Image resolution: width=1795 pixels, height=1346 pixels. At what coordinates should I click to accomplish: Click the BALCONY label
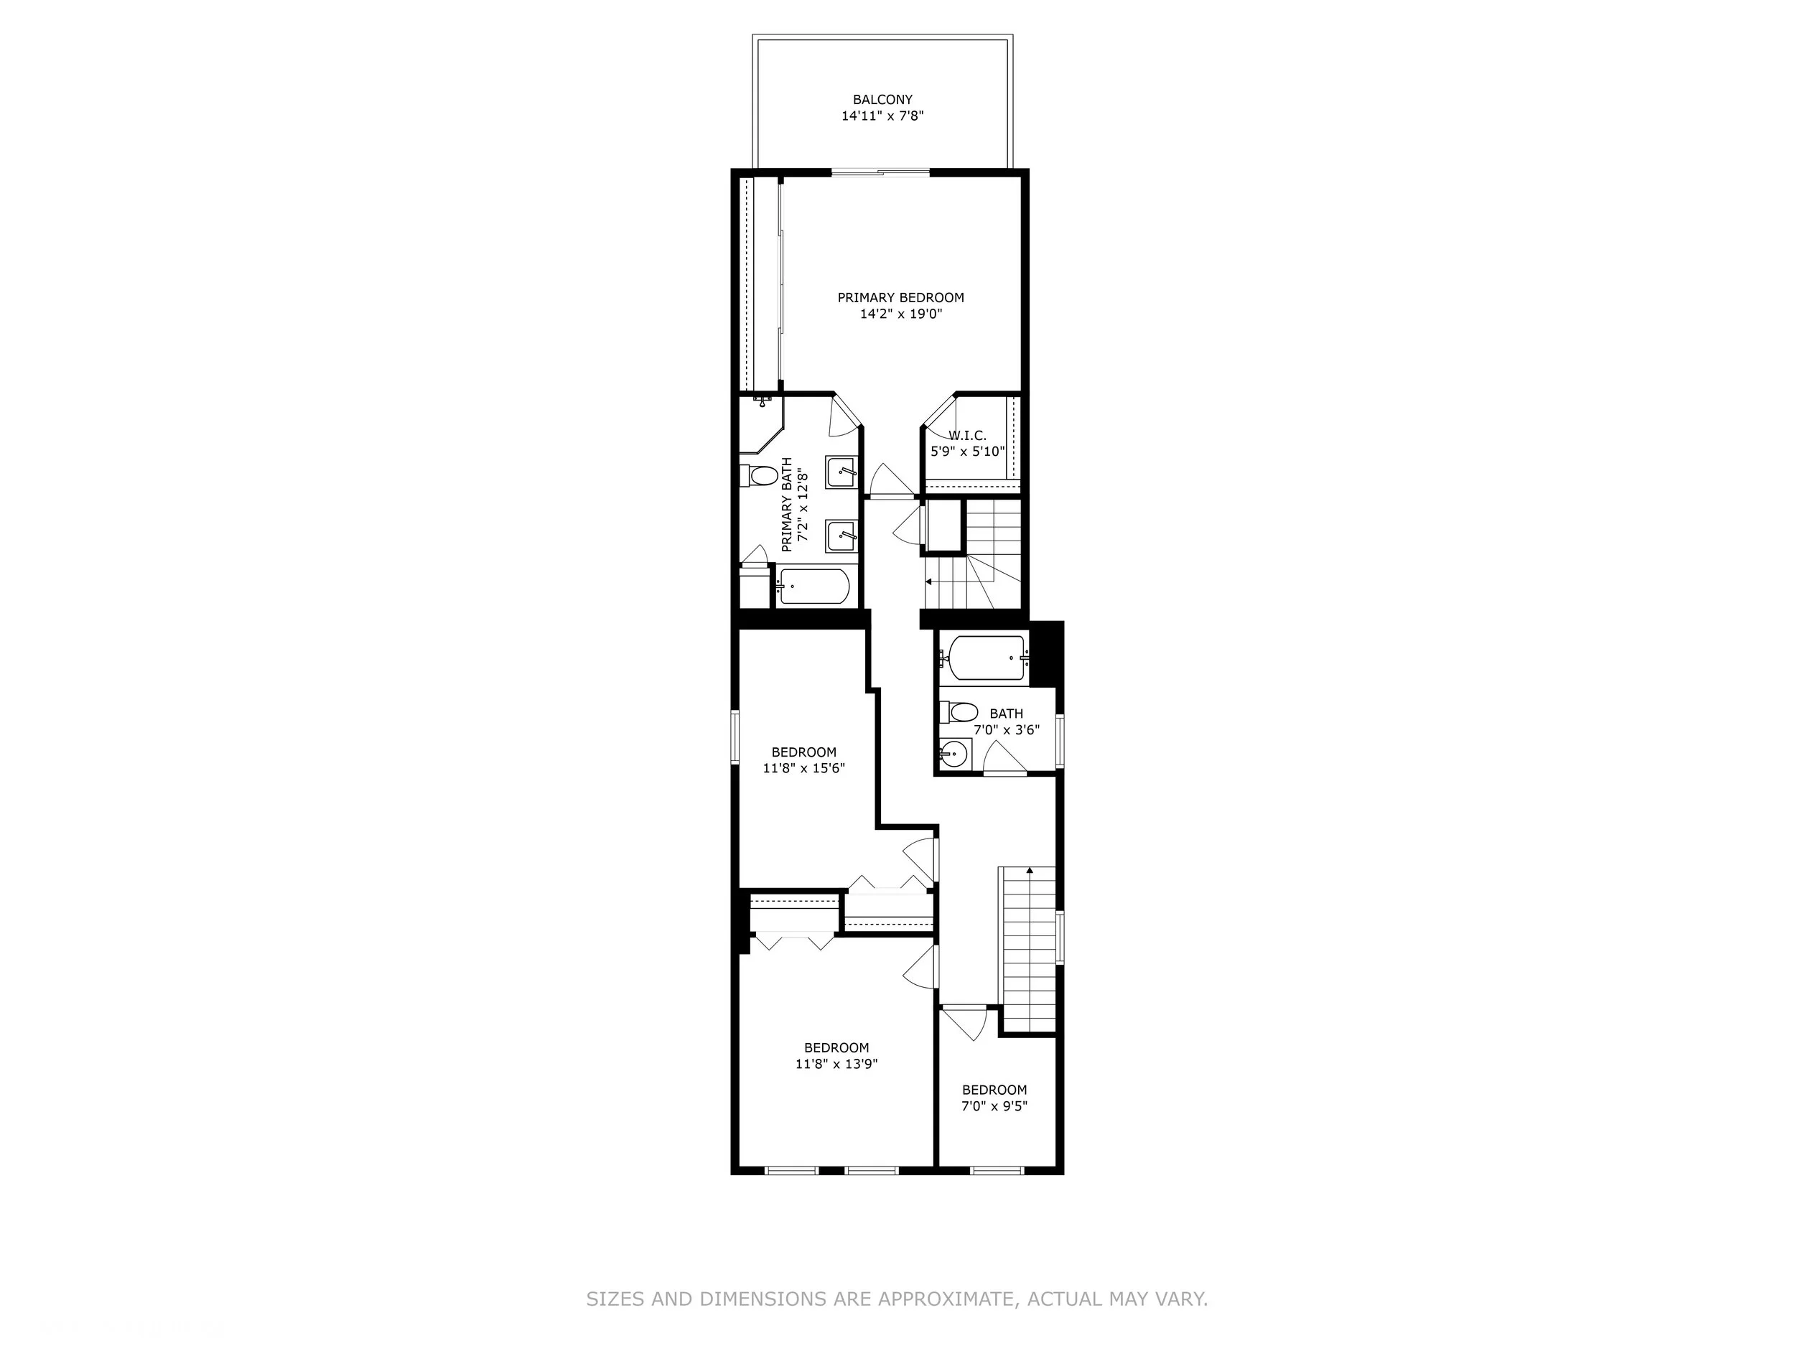point(882,100)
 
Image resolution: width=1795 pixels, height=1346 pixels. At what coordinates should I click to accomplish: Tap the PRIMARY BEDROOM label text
point(901,298)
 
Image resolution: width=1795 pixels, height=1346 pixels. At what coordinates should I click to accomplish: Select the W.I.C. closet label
point(967,436)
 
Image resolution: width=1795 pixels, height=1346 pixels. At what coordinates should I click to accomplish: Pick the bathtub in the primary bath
point(813,586)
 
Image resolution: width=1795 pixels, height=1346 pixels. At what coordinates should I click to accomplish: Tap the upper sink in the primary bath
point(840,472)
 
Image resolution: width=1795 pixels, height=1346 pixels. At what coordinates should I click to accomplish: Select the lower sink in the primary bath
point(840,536)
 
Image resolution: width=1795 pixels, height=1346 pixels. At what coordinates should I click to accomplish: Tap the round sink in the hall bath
point(954,754)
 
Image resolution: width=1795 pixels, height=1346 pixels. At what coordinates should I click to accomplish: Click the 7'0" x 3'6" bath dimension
point(1006,729)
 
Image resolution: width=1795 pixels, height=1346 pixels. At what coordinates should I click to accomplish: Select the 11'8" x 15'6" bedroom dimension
point(804,767)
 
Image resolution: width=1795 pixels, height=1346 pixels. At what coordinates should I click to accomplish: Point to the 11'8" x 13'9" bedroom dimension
point(836,1064)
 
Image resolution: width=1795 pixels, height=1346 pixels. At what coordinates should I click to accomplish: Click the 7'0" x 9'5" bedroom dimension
point(995,1106)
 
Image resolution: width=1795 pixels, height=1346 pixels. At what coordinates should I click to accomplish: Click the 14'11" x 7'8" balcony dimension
point(882,116)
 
